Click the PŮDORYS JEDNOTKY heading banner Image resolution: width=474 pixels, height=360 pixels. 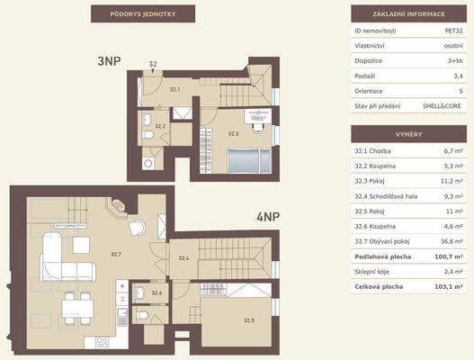143,13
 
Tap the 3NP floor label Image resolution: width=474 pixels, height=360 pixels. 109,61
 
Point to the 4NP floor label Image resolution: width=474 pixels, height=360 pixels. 268,217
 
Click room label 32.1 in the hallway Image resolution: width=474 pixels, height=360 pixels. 174,89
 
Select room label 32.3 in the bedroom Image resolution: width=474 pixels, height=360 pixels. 233,133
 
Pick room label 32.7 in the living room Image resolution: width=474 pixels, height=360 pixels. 116,254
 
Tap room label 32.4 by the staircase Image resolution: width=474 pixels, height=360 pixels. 183,258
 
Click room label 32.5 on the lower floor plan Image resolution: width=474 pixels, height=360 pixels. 249,320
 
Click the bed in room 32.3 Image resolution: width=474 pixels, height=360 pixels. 249,161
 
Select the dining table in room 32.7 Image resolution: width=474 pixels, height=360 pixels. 77,309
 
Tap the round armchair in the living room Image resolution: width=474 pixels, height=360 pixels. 137,227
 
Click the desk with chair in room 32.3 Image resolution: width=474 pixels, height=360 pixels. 257,121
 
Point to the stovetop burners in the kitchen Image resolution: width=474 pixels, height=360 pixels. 103,343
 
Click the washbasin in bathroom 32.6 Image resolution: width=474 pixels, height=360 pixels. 139,292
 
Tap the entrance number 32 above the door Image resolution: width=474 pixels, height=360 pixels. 153,64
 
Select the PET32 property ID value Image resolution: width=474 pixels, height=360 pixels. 453,31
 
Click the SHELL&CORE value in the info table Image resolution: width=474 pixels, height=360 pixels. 442,106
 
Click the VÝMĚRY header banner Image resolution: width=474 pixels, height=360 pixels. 408,134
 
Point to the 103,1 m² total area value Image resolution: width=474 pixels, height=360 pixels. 449,287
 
